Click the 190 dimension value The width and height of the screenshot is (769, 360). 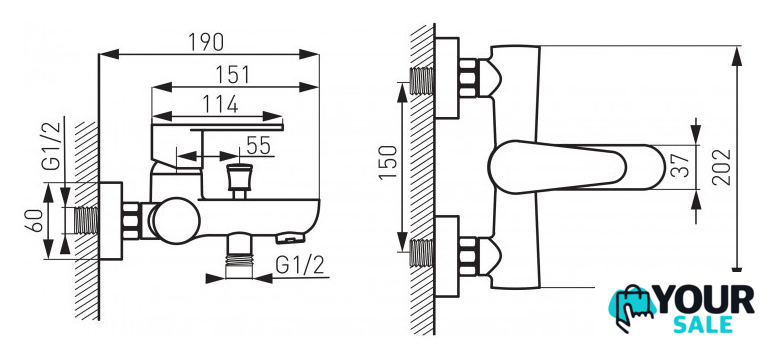tap(206, 42)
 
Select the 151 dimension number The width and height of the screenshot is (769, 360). tap(232, 75)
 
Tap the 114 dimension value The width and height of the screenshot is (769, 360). tap(221, 104)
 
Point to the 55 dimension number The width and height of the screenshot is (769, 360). tap(258, 146)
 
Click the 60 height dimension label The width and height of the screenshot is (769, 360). tap(34, 221)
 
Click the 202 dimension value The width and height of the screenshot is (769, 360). tap(721, 167)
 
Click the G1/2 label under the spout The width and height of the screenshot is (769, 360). tap(300, 265)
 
